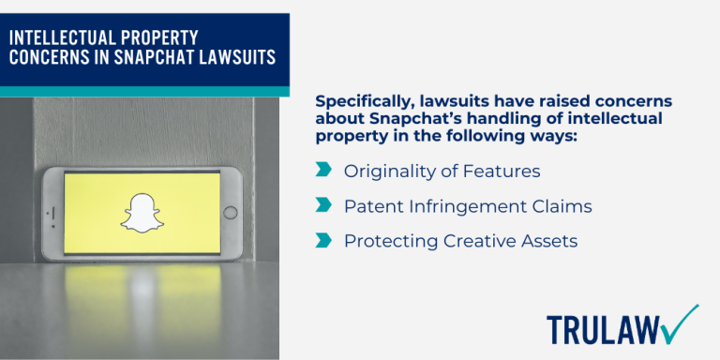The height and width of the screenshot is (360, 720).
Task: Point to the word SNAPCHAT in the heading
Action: coord(148,55)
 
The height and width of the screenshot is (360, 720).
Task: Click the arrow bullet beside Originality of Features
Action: coord(324,170)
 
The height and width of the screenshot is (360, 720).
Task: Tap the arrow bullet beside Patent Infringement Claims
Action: coord(324,204)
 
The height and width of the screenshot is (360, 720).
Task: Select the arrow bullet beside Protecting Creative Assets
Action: coord(324,240)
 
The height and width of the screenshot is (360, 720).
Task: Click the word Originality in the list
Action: coord(385,171)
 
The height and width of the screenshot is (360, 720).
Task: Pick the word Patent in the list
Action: coord(372,205)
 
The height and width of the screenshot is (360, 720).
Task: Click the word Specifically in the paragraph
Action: coord(365,101)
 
